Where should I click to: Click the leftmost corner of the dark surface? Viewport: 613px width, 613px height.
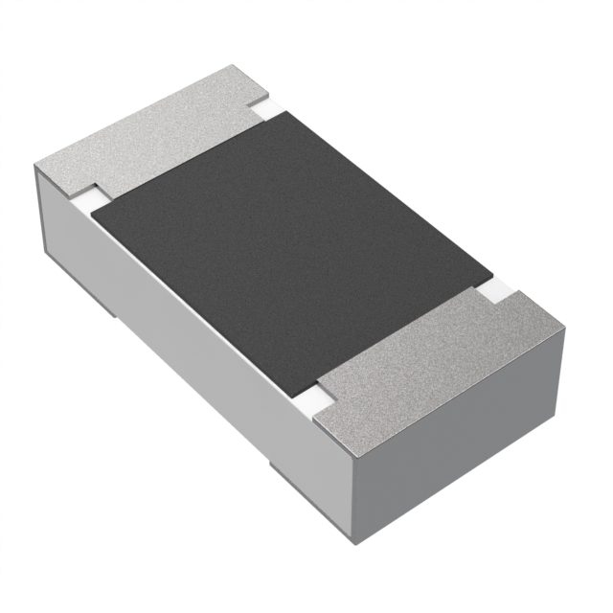coord(90,212)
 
